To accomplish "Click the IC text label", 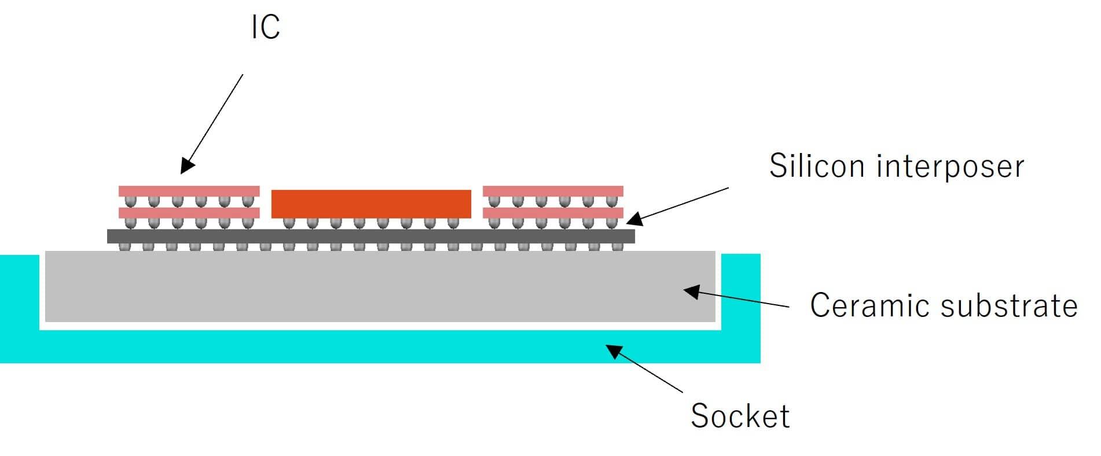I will [266, 27].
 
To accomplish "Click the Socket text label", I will [740, 415].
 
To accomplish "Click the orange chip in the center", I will [371, 203].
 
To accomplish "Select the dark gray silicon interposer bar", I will [370, 236].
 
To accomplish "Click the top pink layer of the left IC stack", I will [189, 191].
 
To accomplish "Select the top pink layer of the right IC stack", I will [553, 191].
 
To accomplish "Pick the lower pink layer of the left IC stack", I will [189, 213].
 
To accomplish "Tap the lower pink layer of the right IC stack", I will [553, 213].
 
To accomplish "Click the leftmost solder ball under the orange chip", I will [288, 222].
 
